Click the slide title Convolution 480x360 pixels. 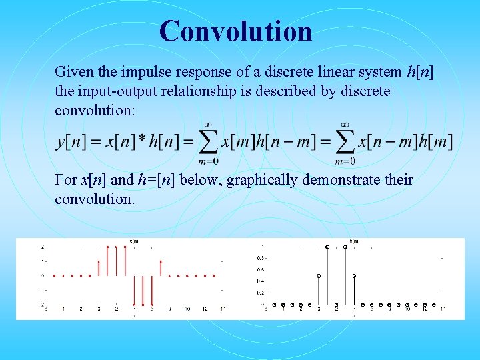235,31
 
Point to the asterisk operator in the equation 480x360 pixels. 141,139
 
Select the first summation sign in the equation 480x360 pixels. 208,141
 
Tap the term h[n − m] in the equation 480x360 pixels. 284,142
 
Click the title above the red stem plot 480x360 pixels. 134,241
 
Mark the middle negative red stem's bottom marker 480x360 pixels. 143,305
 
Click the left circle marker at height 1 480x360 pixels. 327,247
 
